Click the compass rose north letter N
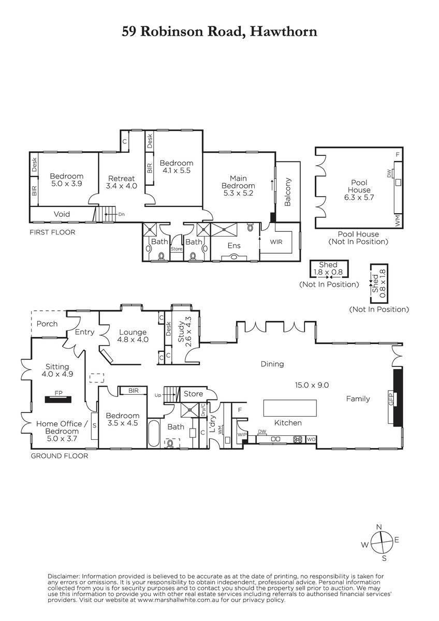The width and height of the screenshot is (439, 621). coord(379,527)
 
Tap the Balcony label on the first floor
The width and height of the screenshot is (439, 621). coord(288,192)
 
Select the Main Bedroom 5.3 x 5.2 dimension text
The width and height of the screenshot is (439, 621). coord(238,193)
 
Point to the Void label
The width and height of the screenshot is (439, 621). coord(62,214)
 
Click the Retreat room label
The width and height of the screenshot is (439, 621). coord(122,178)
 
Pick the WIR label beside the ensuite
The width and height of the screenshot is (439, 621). coord(276,242)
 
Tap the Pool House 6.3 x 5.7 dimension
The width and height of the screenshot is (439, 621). coord(359,197)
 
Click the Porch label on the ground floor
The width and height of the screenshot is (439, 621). coord(47,324)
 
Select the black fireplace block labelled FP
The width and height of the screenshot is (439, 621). coord(58,400)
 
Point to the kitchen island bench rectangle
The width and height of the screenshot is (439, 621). coord(290,408)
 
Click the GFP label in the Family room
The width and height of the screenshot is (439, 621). coord(391,399)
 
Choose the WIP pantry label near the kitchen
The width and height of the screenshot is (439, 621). coord(242,435)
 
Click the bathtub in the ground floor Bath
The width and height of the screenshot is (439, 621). coord(153,434)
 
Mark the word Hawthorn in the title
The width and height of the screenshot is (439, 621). coord(283,32)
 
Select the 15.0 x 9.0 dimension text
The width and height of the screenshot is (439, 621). coord(312,385)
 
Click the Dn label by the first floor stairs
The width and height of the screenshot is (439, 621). coord(122,214)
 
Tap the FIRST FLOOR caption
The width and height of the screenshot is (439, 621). coord(52,232)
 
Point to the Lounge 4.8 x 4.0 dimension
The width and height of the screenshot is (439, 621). coord(133,339)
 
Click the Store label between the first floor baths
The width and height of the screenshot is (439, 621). coord(177,249)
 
